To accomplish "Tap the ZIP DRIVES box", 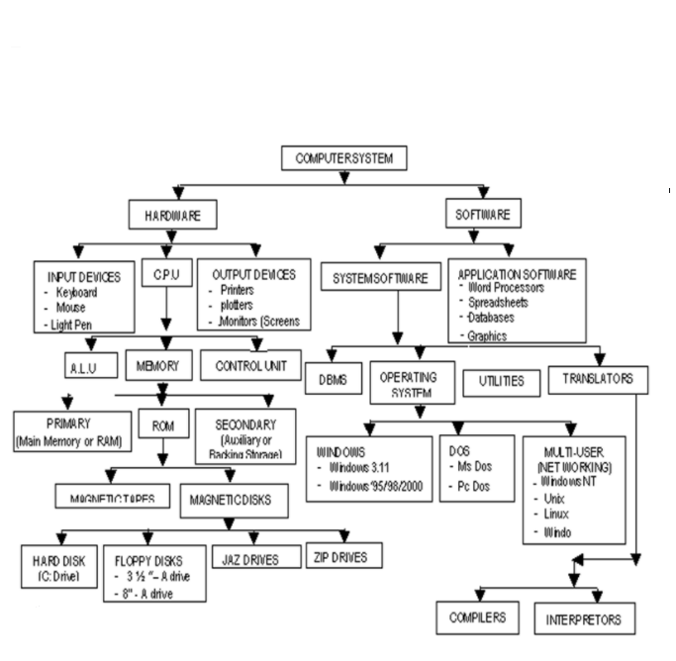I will point(342,557).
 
